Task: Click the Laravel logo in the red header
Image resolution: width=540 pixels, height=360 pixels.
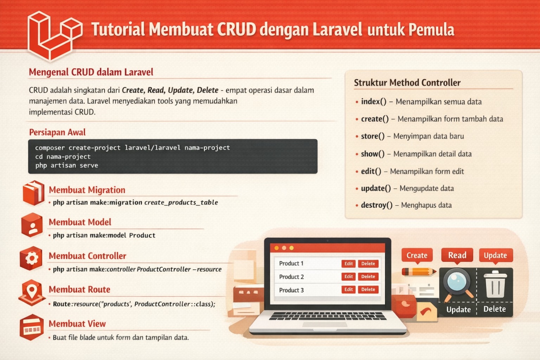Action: click(x=53, y=35)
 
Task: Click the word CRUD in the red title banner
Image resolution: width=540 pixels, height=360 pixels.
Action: click(x=236, y=30)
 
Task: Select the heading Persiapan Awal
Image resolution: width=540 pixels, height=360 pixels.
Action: click(x=57, y=132)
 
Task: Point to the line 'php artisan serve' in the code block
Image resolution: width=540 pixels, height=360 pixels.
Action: click(x=66, y=165)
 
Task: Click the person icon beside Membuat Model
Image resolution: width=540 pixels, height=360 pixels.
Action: click(x=32, y=225)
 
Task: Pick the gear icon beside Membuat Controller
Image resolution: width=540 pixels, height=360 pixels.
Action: click(x=31, y=258)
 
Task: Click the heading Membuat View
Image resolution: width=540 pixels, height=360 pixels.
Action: click(x=77, y=323)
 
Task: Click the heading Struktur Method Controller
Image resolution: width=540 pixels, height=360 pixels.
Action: click(x=407, y=83)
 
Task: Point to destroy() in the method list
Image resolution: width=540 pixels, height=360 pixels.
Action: click(x=377, y=205)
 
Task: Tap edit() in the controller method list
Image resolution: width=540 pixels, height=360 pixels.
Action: click(x=371, y=171)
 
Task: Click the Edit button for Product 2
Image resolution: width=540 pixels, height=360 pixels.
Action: click(x=348, y=277)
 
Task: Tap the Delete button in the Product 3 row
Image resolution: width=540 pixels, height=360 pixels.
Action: click(x=368, y=290)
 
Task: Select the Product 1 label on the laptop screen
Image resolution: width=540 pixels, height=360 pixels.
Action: click(x=291, y=263)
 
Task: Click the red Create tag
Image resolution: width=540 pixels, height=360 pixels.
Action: click(x=417, y=255)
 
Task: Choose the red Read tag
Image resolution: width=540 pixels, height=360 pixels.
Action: click(x=457, y=255)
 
